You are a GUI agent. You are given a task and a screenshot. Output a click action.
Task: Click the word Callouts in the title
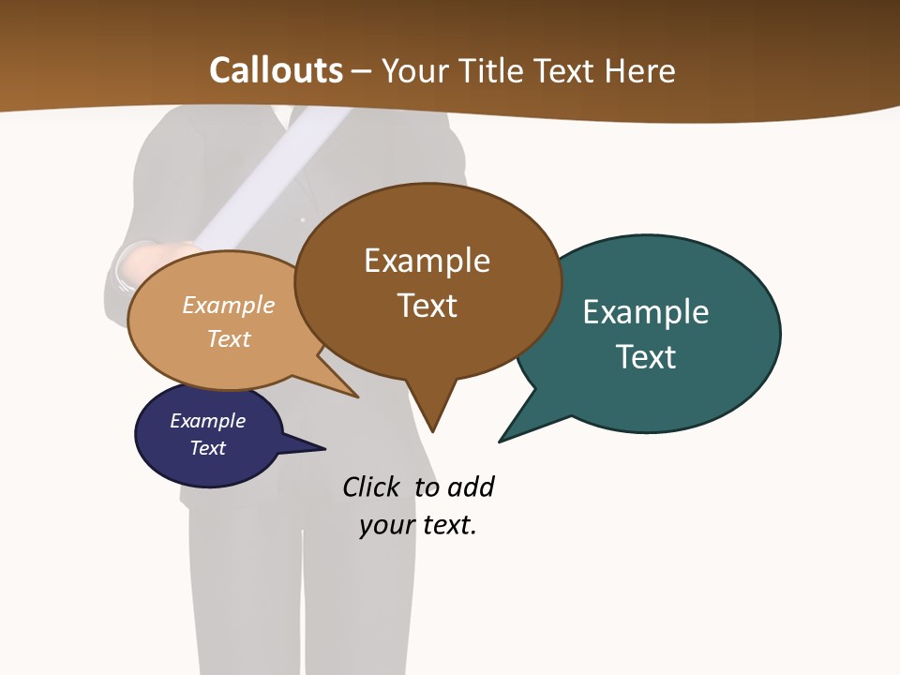[x=276, y=70]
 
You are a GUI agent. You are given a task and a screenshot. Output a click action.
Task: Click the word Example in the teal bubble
[x=646, y=312]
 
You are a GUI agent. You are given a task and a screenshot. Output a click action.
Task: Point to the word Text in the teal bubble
[x=646, y=357]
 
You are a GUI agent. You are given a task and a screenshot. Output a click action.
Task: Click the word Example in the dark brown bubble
[x=427, y=261]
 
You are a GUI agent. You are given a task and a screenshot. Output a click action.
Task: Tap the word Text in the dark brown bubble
[x=427, y=306]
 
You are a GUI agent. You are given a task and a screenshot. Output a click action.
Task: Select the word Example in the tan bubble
[x=228, y=306]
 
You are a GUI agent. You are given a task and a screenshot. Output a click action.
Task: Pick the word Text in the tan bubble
[x=228, y=338]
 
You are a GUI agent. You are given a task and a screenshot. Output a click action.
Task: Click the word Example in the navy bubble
[x=207, y=421]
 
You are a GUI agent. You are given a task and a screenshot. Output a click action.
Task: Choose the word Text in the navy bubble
[x=207, y=448]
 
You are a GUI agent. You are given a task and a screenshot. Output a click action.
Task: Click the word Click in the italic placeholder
[x=370, y=487]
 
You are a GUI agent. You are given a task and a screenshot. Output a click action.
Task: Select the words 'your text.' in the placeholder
[x=418, y=525]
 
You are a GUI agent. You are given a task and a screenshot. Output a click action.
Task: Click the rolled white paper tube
[x=272, y=178]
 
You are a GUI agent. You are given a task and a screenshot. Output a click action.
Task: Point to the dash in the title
[x=362, y=71]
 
